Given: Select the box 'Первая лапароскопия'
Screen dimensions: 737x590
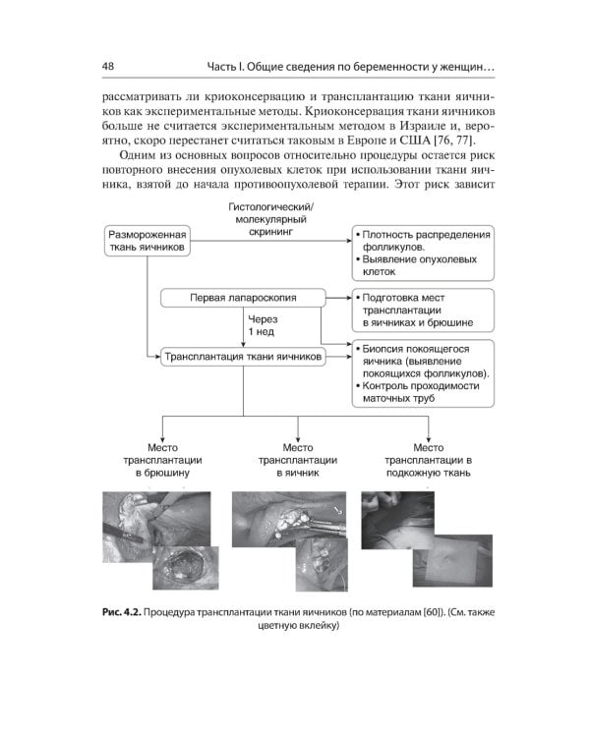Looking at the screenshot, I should click(242, 297).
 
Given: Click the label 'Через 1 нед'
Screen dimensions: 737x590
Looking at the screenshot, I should click(263, 325).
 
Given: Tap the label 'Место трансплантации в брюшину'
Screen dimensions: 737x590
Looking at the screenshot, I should click(161, 460).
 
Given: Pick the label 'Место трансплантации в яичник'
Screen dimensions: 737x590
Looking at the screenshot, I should click(297, 460).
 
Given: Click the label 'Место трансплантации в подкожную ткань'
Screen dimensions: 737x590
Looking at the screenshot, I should click(429, 460).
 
